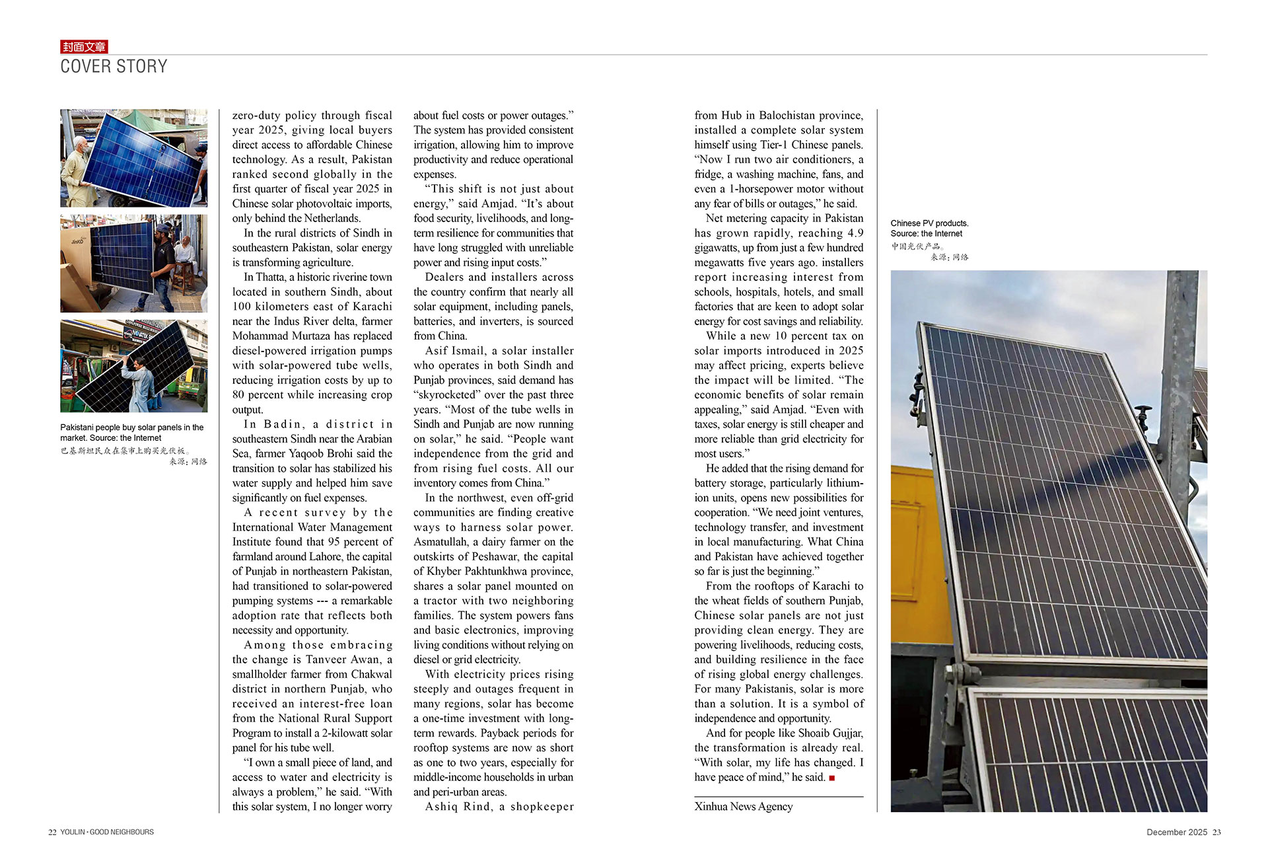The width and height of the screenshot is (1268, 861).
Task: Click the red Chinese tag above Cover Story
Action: [x=84, y=46]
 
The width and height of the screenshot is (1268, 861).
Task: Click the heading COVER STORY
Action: [x=114, y=66]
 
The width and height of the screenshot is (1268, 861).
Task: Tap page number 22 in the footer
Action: [x=52, y=833]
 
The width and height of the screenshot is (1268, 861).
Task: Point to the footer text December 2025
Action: [x=1176, y=833]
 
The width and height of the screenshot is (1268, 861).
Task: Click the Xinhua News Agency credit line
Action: [x=743, y=806]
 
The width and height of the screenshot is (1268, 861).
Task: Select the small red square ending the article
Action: [x=831, y=778]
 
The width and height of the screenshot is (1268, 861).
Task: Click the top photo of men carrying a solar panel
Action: [x=133, y=158]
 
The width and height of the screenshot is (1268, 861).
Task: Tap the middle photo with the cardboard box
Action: [x=133, y=263]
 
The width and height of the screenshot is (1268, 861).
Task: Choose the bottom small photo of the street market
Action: [x=133, y=366]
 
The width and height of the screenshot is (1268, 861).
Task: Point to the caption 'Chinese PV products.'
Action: [x=929, y=223]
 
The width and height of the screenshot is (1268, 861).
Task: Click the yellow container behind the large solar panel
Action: [x=921, y=562]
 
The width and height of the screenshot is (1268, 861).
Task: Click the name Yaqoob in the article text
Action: [x=308, y=453]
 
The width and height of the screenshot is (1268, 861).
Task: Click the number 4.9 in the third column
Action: [x=855, y=233]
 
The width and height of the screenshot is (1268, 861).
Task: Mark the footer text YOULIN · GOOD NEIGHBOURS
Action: [x=107, y=833]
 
